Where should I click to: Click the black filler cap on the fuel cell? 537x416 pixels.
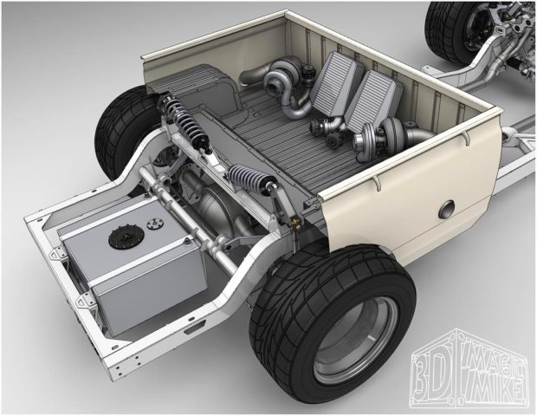tap(122, 237)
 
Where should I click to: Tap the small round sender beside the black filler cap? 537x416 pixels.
tap(155, 224)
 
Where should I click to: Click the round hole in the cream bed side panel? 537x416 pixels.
tap(446, 210)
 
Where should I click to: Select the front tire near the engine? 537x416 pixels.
tap(449, 33)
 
